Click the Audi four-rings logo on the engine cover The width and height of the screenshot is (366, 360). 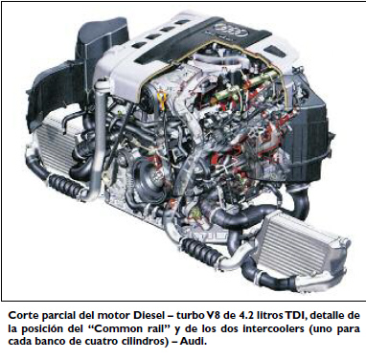pyautogui.click(x=232, y=30)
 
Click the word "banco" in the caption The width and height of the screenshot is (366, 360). pyautogui.click(x=48, y=341)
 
